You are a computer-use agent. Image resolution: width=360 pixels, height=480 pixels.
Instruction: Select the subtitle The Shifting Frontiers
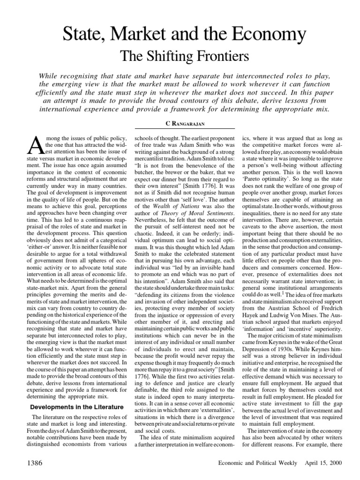(x=180, y=57)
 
